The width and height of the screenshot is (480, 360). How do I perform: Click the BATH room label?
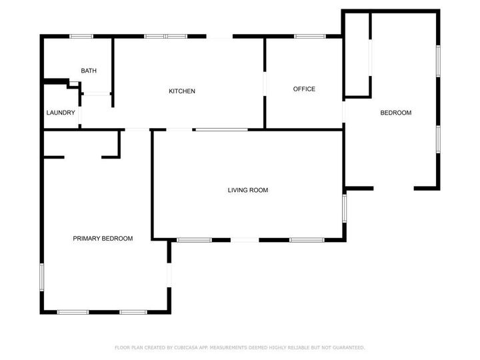pyautogui.click(x=89, y=71)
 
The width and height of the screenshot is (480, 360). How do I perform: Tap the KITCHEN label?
pyautogui.click(x=181, y=91)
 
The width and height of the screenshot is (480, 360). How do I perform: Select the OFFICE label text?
pyautogui.click(x=304, y=89)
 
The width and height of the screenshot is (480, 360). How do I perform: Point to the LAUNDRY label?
pyautogui.click(x=61, y=113)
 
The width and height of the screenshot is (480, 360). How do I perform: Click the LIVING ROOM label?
pyautogui.click(x=247, y=190)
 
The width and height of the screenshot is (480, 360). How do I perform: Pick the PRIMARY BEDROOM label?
pyautogui.click(x=103, y=238)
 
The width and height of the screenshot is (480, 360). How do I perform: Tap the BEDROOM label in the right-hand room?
pyautogui.click(x=395, y=113)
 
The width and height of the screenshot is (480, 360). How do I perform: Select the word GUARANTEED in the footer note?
pyautogui.click(x=347, y=347)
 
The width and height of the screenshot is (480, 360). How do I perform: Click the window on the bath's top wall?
pyautogui.click(x=81, y=36)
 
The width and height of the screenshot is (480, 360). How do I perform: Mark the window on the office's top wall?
pyautogui.click(x=310, y=36)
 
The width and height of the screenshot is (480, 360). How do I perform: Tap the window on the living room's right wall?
pyautogui.click(x=345, y=207)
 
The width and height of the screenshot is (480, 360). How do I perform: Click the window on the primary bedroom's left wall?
pyautogui.click(x=42, y=277)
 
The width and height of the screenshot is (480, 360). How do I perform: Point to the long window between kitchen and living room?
pyautogui.click(x=221, y=129)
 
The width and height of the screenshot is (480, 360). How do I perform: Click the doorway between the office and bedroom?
pyautogui.click(x=343, y=111)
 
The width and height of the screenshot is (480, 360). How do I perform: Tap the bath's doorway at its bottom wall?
pyautogui.click(x=97, y=94)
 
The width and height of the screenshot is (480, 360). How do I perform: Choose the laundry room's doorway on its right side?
pyautogui.click(x=79, y=114)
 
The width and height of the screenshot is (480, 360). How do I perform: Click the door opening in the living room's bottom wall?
pyautogui.click(x=245, y=239)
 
